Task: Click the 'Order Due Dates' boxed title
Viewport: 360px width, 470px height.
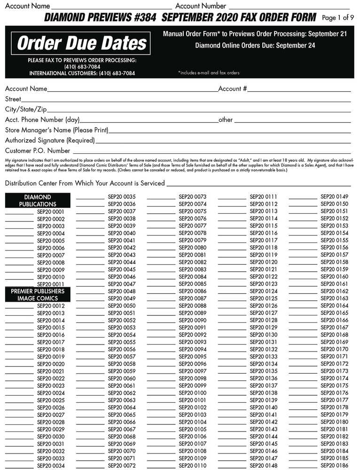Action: (82, 43)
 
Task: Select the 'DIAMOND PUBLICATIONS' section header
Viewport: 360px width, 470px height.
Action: (38, 201)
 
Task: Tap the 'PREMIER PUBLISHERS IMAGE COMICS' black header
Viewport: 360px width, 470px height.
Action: (38, 295)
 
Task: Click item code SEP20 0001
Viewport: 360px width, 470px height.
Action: (51, 212)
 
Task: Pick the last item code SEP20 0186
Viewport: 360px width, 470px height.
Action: (334, 465)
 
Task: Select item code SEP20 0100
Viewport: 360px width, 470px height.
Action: (193, 393)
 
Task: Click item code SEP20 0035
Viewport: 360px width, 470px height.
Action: (122, 197)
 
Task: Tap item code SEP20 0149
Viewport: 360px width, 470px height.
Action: (334, 197)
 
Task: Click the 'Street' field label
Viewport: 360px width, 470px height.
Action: (13, 99)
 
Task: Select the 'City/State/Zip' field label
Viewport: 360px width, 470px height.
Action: (26, 109)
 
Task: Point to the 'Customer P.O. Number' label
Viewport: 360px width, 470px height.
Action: (38, 151)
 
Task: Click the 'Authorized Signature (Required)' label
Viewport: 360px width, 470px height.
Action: (50, 140)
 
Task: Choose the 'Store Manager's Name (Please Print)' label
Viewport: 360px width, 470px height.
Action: (56, 130)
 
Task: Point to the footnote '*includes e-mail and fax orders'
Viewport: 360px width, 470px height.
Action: (209, 73)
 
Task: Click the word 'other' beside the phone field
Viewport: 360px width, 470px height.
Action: (226, 120)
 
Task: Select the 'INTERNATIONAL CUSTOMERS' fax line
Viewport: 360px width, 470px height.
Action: (82, 73)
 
